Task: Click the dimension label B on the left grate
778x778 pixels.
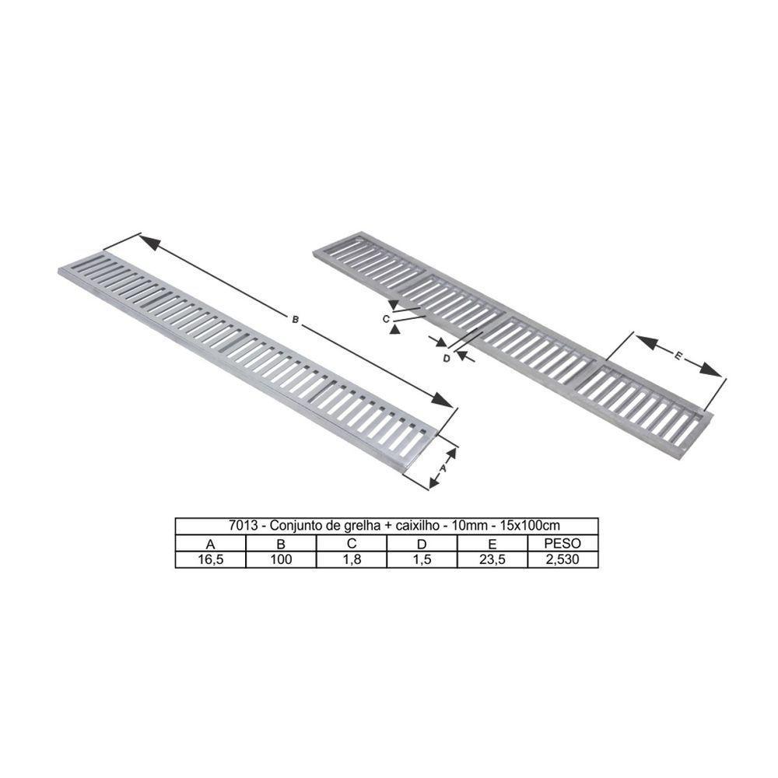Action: (x=295, y=319)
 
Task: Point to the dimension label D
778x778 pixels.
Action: (x=446, y=359)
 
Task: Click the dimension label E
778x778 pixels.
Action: (x=678, y=356)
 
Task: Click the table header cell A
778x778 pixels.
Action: (x=210, y=544)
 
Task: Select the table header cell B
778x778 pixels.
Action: (x=281, y=544)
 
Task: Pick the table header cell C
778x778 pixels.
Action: (x=352, y=544)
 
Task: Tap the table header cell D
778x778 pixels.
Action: (x=422, y=544)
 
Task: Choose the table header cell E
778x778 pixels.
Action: (x=492, y=544)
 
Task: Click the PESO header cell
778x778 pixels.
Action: (x=562, y=544)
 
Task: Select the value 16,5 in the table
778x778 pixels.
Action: (x=210, y=560)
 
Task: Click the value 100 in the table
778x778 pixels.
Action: (x=281, y=560)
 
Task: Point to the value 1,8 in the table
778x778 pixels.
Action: (x=352, y=560)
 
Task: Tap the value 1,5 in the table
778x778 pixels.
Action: (x=422, y=560)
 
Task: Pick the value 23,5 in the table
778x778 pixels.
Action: (x=492, y=560)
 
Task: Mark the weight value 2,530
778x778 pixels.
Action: (x=562, y=560)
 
